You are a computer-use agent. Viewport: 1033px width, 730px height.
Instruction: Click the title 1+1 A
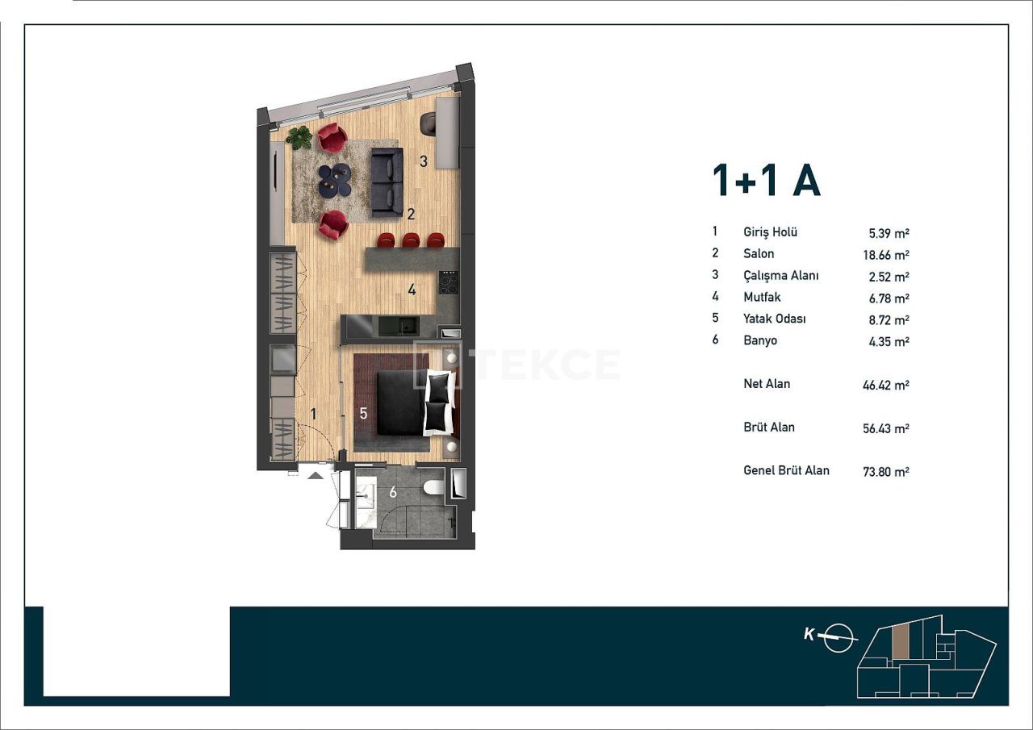(x=766, y=181)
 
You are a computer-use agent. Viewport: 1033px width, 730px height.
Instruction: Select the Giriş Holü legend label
(x=770, y=232)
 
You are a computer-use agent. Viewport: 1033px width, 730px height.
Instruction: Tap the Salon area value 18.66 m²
(x=885, y=255)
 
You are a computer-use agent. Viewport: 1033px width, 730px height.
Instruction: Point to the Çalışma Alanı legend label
(x=780, y=276)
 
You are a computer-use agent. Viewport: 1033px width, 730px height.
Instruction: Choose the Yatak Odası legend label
(x=774, y=319)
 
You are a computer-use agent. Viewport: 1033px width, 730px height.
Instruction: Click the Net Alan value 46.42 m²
(x=885, y=386)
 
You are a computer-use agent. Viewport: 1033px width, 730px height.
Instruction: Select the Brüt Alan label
(x=768, y=428)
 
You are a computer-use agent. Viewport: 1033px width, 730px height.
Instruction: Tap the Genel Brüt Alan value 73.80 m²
(x=885, y=472)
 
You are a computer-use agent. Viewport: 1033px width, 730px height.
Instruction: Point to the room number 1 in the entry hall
(x=314, y=414)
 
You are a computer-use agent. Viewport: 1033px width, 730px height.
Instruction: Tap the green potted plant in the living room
(x=299, y=137)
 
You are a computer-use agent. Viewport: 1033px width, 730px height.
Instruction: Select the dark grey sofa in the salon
(x=387, y=184)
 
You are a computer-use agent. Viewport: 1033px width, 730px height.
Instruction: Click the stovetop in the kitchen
(x=448, y=283)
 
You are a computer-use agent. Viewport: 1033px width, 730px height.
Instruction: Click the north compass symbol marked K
(x=839, y=636)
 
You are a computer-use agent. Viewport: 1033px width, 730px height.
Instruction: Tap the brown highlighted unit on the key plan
(x=900, y=641)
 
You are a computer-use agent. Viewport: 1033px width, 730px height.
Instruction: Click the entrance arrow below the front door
(x=316, y=475)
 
